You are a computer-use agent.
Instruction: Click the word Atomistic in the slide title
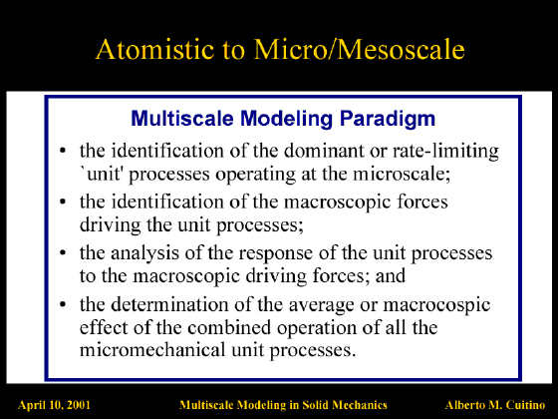[155, 49]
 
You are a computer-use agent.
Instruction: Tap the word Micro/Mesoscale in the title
[360, 49]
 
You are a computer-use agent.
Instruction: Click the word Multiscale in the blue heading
[181, 119]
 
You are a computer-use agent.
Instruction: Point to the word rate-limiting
[445, 151]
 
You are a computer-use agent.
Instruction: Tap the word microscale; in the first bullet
[402, 174]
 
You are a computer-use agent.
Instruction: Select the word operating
[255, 175]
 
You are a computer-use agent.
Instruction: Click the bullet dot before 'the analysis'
[63, 252]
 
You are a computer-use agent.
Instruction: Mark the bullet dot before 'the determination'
[63, 304]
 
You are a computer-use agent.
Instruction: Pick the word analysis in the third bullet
[144, 253]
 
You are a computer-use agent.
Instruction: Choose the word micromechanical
[152, 349]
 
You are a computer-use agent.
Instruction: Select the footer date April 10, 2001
[54, 405]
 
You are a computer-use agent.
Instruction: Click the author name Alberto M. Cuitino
[495, 405]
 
